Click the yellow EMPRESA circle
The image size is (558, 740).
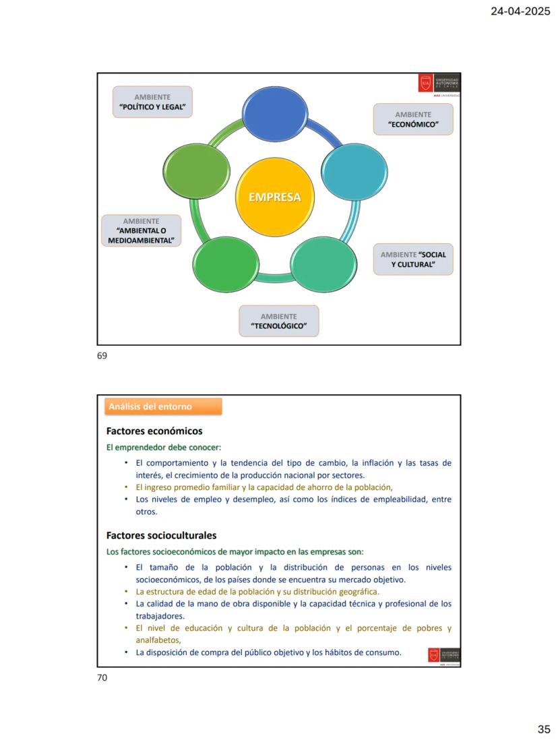point(274,197)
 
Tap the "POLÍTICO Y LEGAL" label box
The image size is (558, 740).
point(152,102)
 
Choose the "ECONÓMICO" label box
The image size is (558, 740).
point(413,119)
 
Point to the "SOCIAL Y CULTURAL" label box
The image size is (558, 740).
point(413,259)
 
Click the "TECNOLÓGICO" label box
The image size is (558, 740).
point(278,321)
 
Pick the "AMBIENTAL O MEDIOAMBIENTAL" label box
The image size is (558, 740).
point(141,230)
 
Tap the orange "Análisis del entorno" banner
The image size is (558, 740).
point(163,406)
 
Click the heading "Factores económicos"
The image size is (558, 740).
point(154,431)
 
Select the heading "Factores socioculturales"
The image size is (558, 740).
point(161,535)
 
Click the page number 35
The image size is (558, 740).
point(544,729)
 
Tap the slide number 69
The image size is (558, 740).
point(102,355)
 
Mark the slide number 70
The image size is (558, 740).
point(102,677)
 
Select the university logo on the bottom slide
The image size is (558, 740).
point(444,656)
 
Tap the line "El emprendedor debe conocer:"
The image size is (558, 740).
point(164,447)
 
